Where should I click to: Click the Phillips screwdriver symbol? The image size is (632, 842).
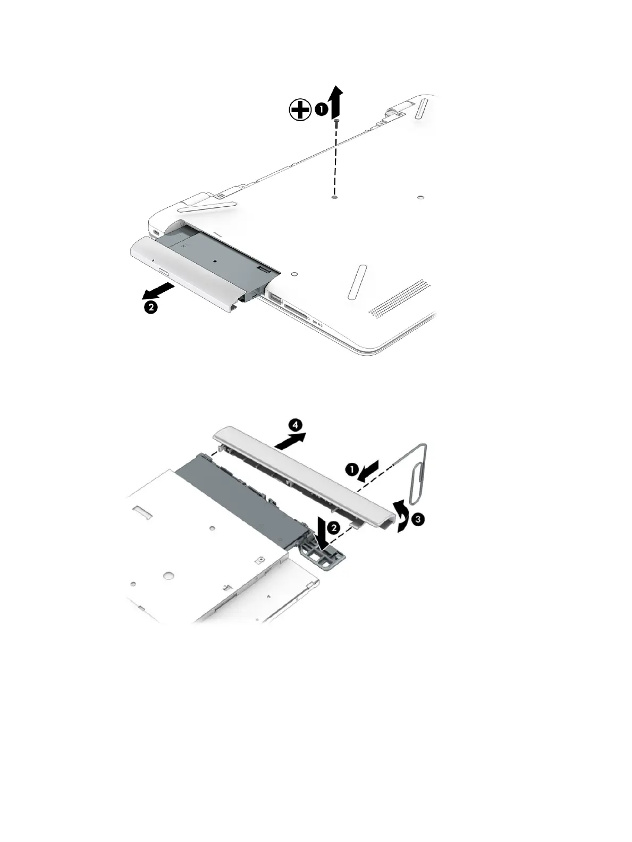300,111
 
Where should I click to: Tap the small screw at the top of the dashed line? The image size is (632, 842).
336,123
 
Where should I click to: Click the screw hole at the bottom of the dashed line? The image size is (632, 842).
334,197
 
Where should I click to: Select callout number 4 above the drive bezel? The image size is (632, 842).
296,425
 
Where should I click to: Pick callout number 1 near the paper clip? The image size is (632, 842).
351,469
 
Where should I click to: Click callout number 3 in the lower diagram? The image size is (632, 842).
418,519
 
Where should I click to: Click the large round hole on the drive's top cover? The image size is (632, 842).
168,575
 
